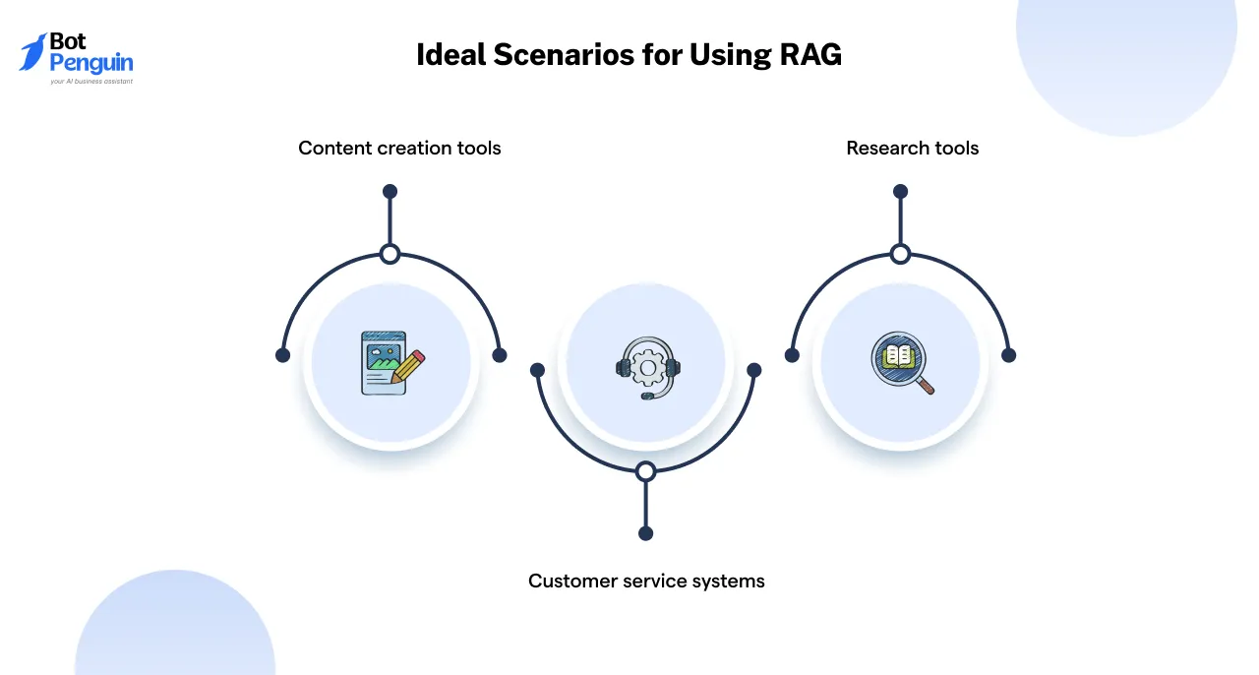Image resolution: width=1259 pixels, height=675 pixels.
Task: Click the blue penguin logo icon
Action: (33, 52)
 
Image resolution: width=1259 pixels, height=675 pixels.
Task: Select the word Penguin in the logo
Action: (91, 65)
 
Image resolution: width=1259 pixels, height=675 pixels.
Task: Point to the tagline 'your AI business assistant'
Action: (91, 82)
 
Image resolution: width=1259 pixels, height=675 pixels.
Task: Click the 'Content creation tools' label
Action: (399, 149)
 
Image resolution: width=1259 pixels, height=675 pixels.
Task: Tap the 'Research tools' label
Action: (912, 149)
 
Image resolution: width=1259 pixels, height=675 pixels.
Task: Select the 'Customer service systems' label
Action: (646, 581)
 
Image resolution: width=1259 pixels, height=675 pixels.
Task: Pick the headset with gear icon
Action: (646, 367)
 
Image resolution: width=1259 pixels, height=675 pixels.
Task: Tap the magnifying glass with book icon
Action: (901, 362)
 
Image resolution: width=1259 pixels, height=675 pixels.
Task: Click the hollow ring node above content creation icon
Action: (390, 255)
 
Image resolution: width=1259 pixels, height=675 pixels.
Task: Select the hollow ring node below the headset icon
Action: (645, 471)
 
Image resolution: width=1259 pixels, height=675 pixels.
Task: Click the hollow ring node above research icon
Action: (900, 255)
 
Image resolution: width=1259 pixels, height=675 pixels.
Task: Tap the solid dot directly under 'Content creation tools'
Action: (390, 191)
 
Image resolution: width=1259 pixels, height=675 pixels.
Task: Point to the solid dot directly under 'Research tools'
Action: (900, 191)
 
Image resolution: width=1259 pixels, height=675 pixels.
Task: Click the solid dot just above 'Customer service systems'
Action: (645, 533)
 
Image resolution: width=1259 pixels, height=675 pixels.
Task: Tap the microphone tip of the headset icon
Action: (646, 396)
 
